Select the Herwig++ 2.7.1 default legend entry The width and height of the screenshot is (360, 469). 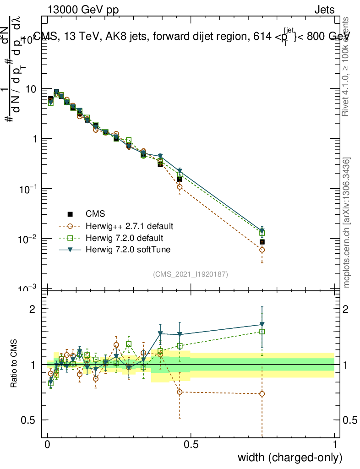(x=129, y=226)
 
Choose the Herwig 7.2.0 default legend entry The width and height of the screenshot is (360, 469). (x=124, y=238)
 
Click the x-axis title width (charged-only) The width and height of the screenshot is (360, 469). (x=289, y=457)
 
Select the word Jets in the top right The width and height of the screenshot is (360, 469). (x=324, y=10)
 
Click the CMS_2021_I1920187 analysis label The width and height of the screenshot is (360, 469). (x=191, y=274)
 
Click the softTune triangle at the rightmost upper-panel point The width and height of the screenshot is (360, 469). (x=262, y=230)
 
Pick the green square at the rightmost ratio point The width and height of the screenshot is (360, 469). (x=262, y=332)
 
